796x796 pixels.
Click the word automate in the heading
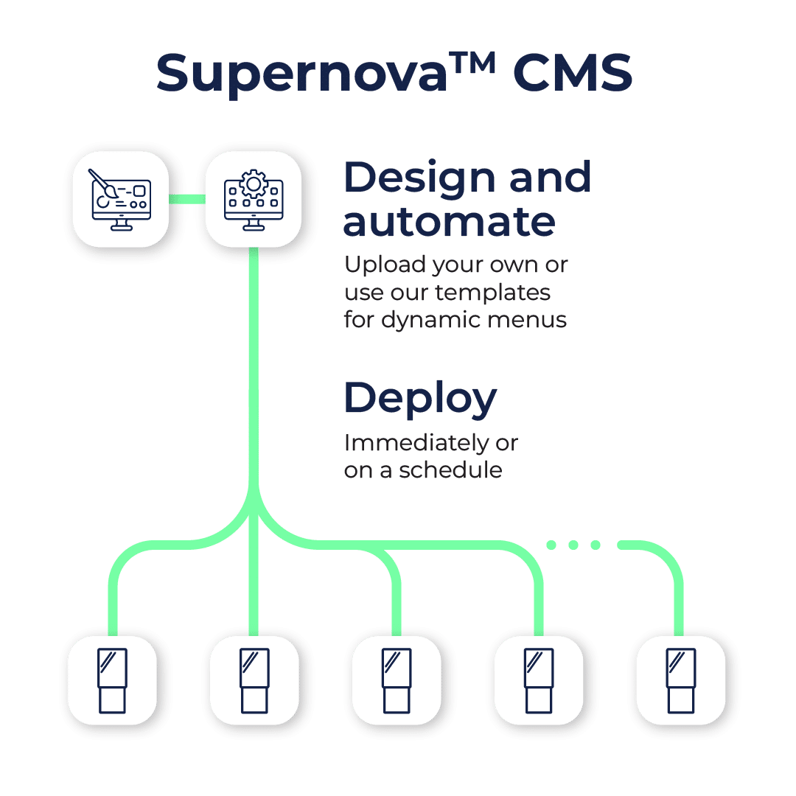point(449,220)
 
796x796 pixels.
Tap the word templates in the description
point(492,292)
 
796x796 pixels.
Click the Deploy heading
point(420,399)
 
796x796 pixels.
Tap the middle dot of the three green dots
point(573,545)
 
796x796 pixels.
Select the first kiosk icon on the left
point(112,680)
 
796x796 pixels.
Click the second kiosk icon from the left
point(254,680)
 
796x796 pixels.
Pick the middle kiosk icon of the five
point(397,680)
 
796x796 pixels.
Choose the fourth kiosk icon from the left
point(539,680)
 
